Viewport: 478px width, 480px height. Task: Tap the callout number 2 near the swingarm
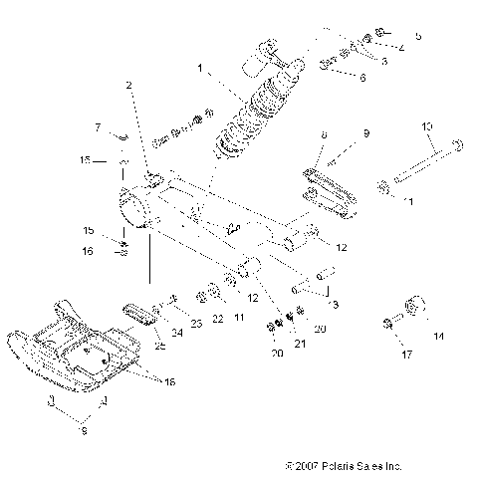(x=128, y=87)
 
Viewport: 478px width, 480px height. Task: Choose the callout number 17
(x=403, y=353)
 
